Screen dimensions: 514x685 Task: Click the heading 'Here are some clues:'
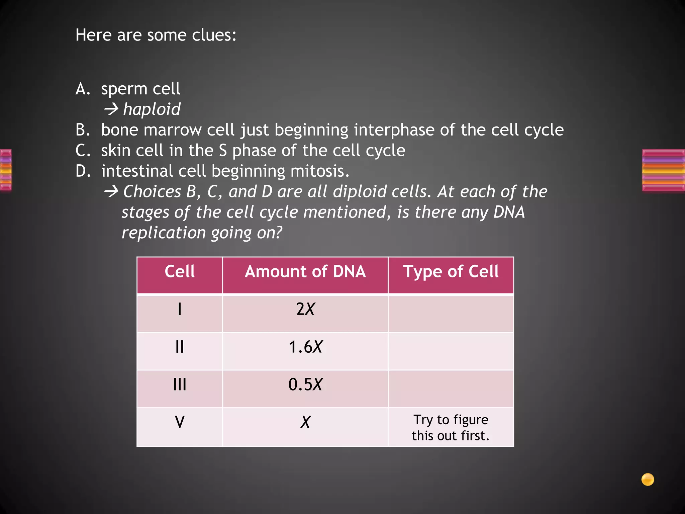(x=156, y=35)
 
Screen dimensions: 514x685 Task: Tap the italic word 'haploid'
(x=152, y=109)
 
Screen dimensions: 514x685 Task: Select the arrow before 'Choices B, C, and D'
(x=111, y=192)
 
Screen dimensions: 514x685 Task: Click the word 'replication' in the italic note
(x=164, y=233)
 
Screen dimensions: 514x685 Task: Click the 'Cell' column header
(x=180, y=271)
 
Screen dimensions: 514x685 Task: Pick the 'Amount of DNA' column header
(x=305, y=271)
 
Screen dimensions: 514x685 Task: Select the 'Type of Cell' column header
(x=451, y=271)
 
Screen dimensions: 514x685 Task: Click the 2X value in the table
(x=305, y=309)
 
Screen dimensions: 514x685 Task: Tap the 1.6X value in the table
(x=305, y=347)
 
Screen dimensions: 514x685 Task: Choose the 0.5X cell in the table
(x=305, y=384)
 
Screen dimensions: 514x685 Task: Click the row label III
(x=180, y=384)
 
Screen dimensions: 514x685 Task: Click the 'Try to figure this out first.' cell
(x=451, y=428)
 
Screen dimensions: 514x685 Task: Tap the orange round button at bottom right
(x=648, y=479)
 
